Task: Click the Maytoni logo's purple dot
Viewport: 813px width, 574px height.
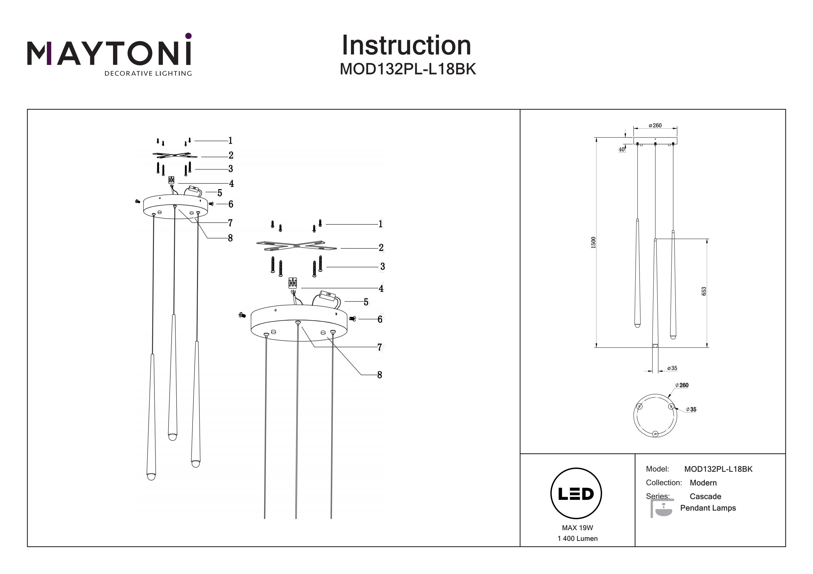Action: click(188, 36)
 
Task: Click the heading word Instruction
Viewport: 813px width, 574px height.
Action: click(406, 46)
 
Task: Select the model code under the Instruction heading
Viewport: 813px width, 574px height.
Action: click(408, 69)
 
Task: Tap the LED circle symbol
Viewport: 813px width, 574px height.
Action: click(576, 493)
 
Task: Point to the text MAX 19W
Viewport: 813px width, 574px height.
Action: click(577, 528)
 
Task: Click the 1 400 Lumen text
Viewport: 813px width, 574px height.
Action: click(577, 538)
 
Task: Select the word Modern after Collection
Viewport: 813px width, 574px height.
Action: click(703, 483)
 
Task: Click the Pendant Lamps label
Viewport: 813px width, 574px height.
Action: click(708, 508)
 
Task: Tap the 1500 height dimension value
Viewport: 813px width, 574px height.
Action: click(593, 242)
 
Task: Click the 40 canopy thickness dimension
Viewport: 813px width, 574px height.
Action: click(621, 150)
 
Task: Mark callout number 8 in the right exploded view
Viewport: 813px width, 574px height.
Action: click(380, 375)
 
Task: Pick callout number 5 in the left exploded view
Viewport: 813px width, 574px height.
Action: click(220, 193)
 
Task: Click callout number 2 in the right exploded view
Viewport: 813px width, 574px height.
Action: click(381, 248)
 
